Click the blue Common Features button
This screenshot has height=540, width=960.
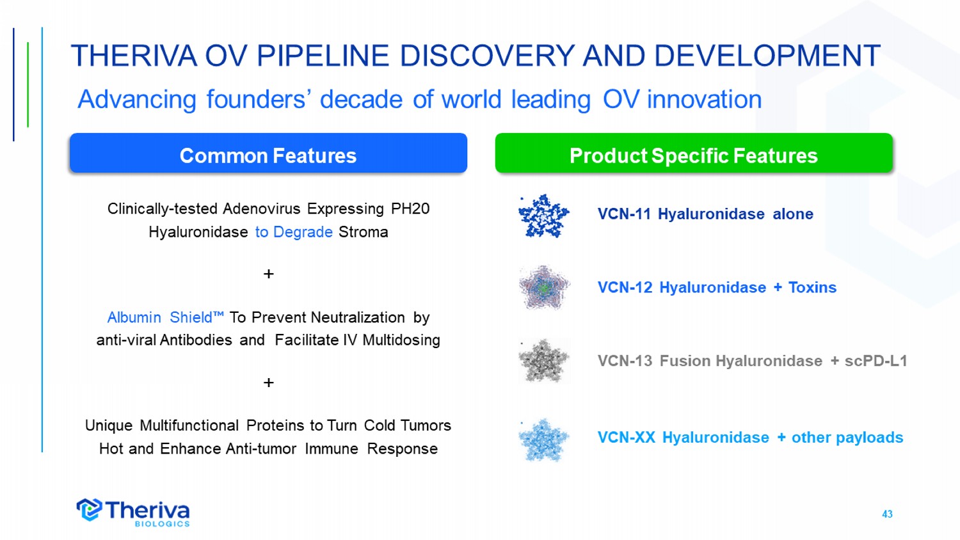tap(268, 153)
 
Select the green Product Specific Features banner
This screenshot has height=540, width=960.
tap(694, 153)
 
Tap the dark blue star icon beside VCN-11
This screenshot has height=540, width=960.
tap(543, 216)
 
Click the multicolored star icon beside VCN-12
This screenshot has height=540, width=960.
tap(543, 287)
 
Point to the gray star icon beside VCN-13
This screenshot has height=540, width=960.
tap(543, 361)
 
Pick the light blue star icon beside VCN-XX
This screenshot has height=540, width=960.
tap(543, 440)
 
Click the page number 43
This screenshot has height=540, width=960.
tap(887, 514)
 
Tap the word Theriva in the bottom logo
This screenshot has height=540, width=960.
tap(147, 510)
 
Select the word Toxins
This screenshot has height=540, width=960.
tap(812, 287)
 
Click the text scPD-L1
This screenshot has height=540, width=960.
tap(876, 361)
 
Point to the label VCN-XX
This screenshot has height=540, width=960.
tap(626, 438)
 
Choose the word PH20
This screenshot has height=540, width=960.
tap(410, 209)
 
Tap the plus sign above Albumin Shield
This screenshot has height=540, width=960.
tap(269, 274)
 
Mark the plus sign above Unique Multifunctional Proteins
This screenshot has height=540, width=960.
tap(269, 382)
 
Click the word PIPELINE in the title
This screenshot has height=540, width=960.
tap(323, 56)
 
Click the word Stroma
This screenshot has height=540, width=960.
tap(363, 232)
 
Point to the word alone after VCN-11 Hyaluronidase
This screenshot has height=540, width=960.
tap(793, 214)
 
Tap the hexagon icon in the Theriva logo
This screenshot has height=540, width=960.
tap(89, 509)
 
